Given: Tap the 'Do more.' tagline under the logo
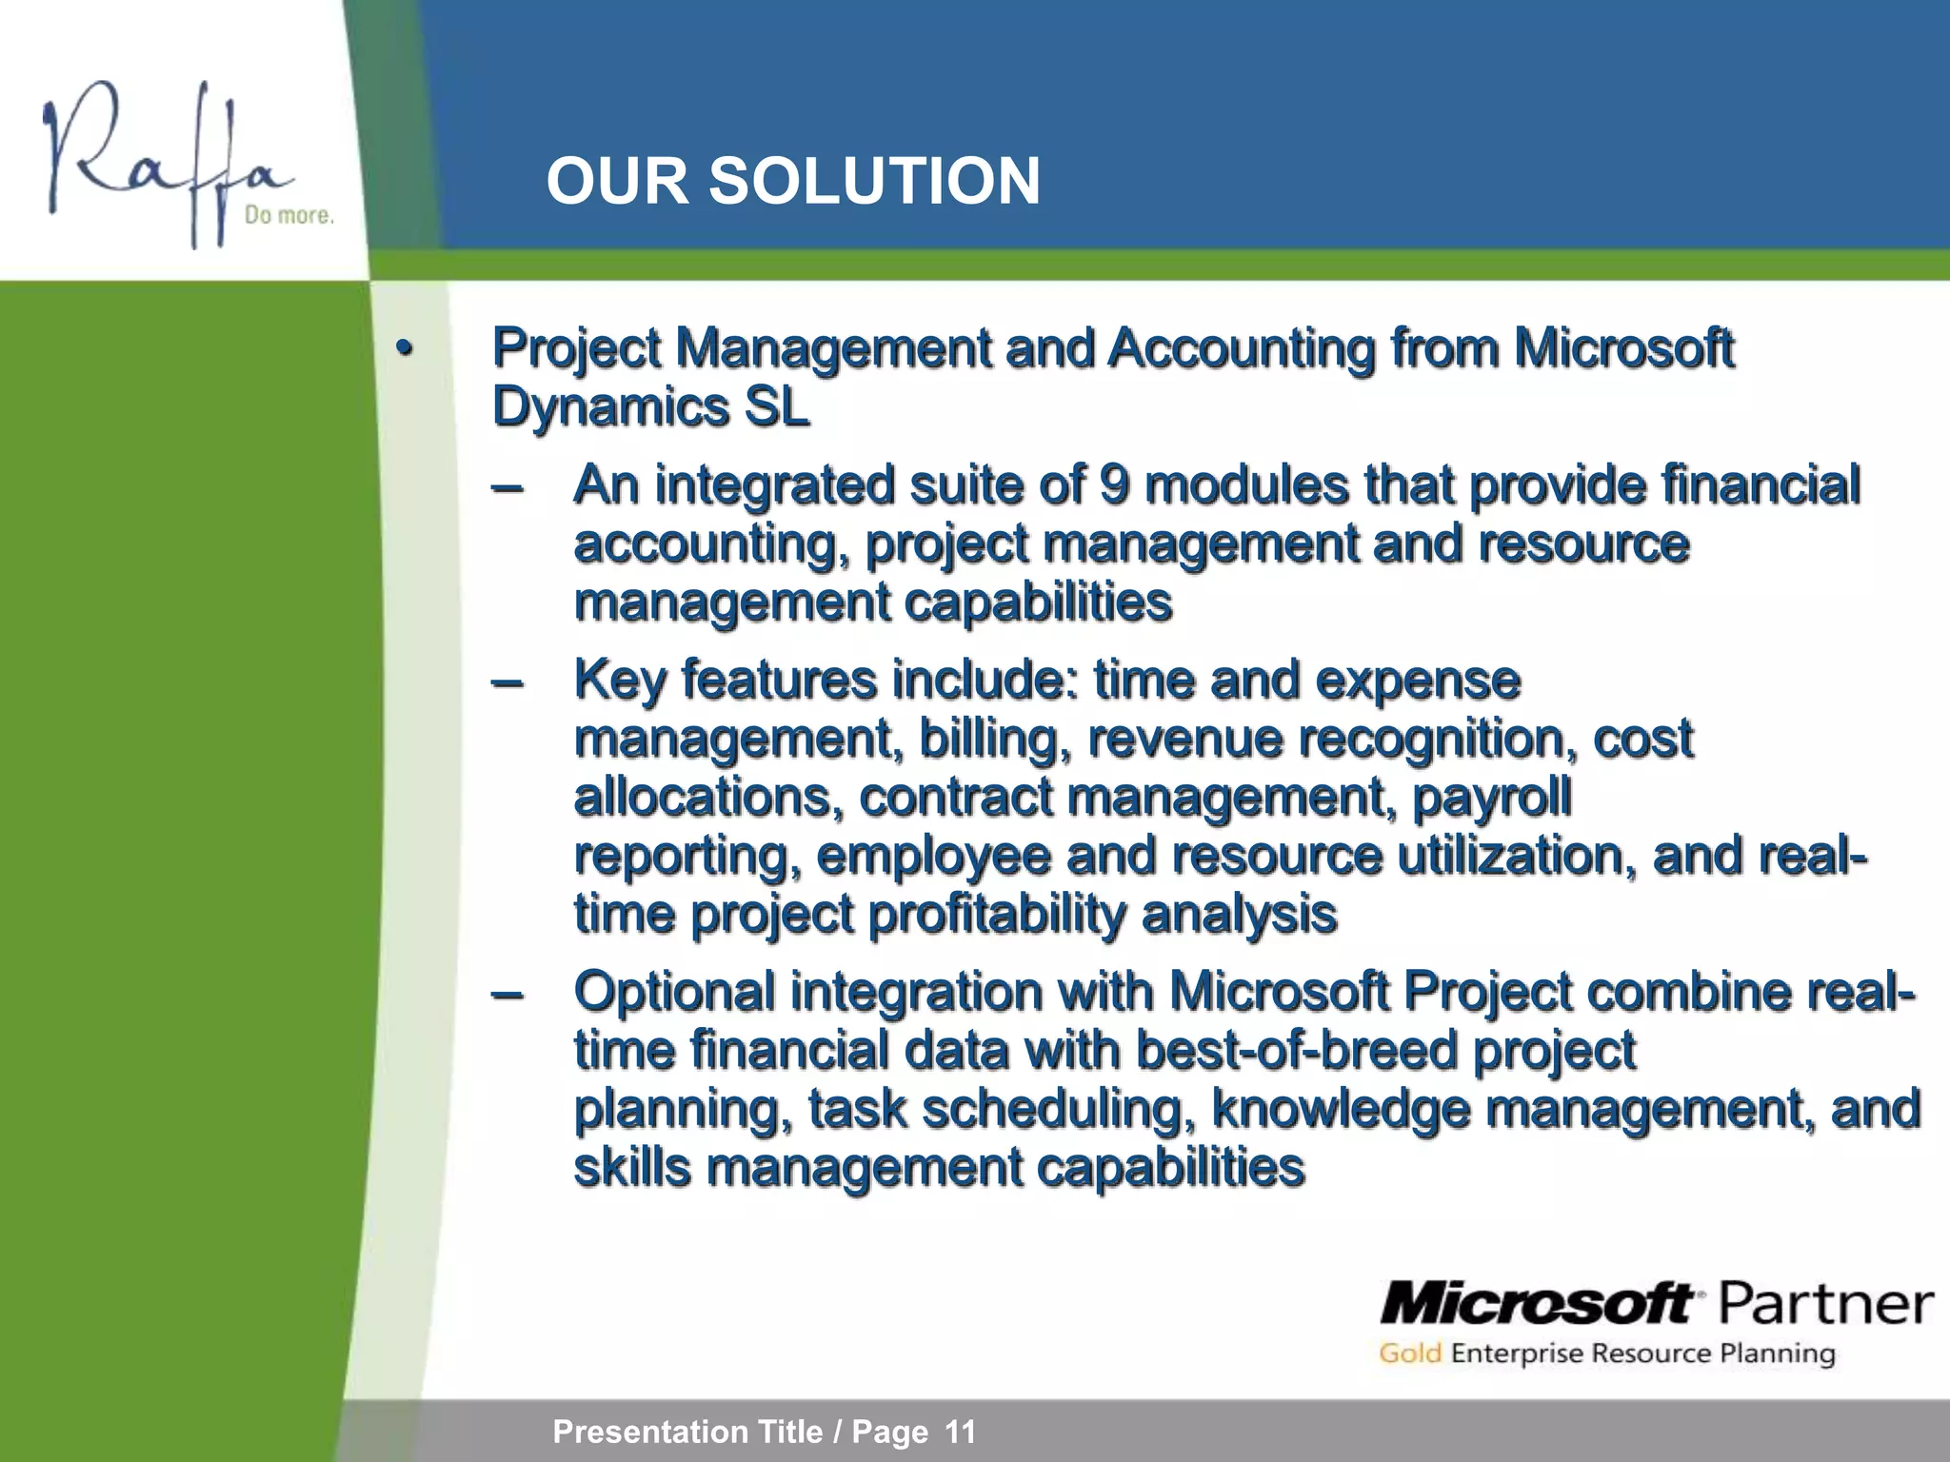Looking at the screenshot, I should (289, 216).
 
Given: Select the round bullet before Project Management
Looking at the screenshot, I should (405, 348).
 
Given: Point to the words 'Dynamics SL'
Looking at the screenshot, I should (650, 407).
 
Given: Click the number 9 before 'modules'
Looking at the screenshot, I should (1114, 484).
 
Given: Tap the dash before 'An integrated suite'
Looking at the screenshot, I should (507, 486).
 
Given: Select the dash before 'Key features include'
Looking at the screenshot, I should (507, 682).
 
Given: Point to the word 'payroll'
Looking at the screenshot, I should (1491, 798).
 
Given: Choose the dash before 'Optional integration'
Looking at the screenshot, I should (507, 993).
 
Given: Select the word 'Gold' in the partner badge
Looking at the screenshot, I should (1410, 1353).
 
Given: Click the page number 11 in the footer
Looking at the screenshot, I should (960, 1432).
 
